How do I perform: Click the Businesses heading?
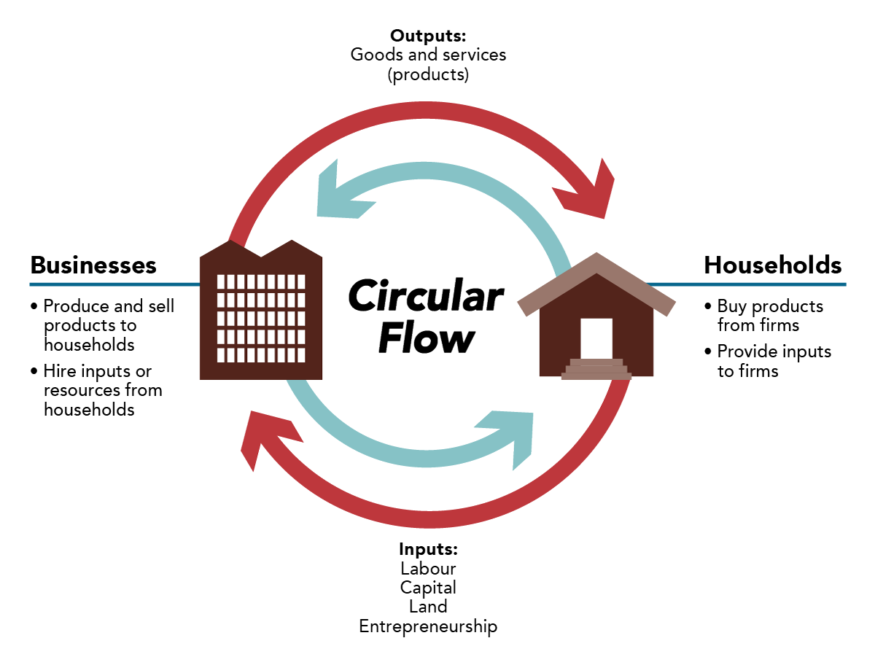93,265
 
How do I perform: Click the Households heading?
772,265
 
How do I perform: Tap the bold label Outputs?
428,35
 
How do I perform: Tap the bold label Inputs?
428,548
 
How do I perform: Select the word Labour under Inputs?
428,568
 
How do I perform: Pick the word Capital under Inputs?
428,587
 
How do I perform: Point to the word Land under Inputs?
428,607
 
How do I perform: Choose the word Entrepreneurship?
428,626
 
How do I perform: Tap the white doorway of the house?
596,338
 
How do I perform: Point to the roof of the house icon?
596,281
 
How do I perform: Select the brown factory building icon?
261,314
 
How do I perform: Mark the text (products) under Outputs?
428,74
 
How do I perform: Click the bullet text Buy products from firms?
769,315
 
